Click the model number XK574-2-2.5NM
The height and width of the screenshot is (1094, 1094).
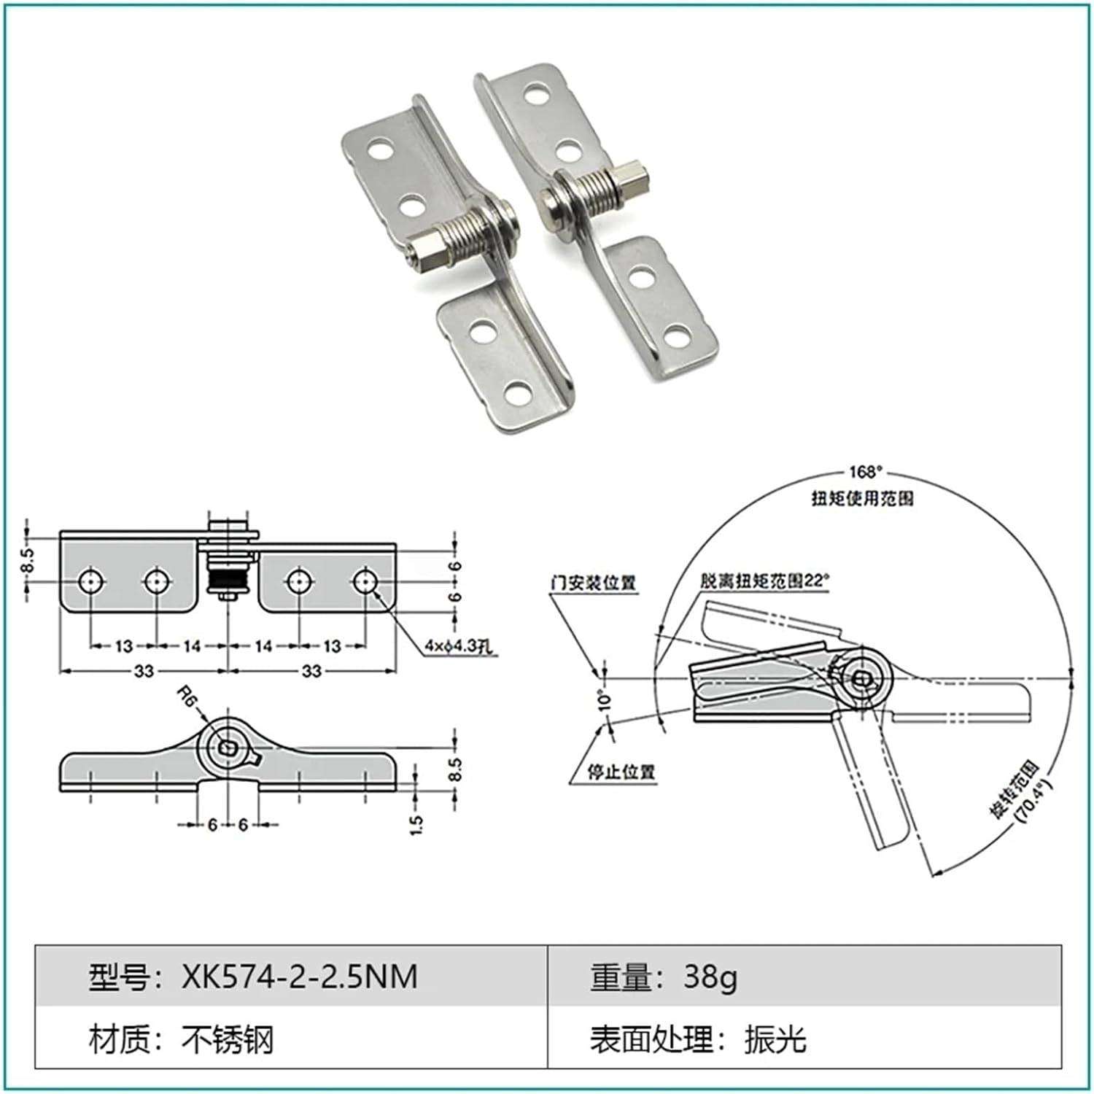[x=299, y=976]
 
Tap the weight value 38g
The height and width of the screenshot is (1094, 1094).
[x=710, y=976]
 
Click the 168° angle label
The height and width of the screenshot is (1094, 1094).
[x=865, y=473]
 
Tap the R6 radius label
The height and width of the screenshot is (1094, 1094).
[x=187, y=701]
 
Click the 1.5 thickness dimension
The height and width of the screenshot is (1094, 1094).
[x=416, y=824]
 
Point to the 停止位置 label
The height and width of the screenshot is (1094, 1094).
[x=621, y=772]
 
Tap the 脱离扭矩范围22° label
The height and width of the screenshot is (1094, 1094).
[x=765, y=581]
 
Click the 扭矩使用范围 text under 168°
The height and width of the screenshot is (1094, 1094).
[x=862, y=498]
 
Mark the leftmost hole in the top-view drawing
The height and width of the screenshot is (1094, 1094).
[x=90, y=582]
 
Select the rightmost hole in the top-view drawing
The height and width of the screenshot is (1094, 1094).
[x=365, y=582]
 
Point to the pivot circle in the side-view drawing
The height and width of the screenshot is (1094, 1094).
[x=228, y=746]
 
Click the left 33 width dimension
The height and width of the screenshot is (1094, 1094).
[x=144, y=670]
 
